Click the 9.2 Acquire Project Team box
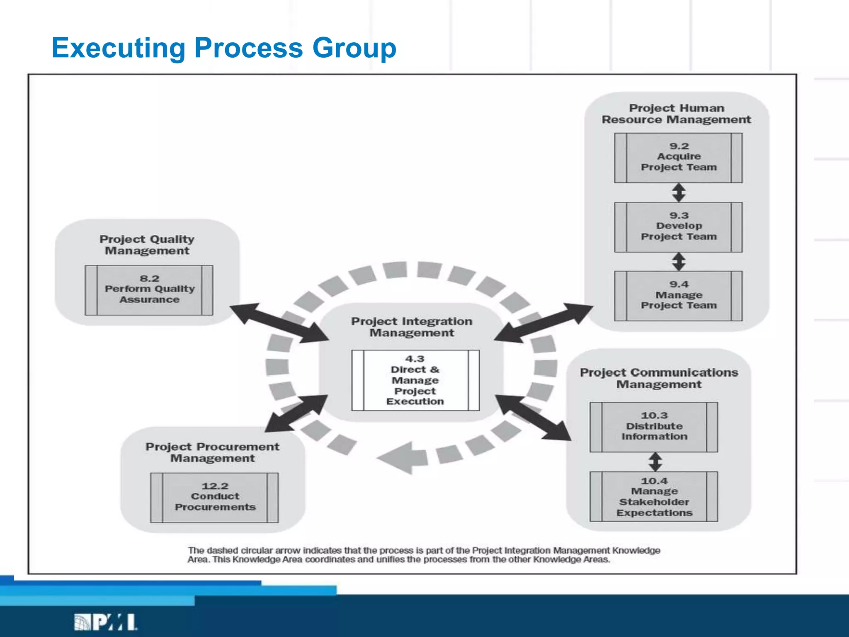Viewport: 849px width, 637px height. tap(678, 158)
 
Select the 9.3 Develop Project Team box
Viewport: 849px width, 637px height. tap(678, 227)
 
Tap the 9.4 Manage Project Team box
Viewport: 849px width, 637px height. tap(678, 296)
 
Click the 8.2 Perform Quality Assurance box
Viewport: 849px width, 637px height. tap(149, 290)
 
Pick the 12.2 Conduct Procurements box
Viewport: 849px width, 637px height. tap(214, 497)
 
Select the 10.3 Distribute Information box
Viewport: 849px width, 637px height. tap(654, 427)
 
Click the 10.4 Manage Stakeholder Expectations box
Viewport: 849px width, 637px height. tap(654, 496)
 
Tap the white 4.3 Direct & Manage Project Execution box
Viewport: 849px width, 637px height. tap(415, 380)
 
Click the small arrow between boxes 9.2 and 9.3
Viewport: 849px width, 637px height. tap(679, 192)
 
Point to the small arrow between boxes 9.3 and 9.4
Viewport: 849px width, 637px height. tap(679, 262)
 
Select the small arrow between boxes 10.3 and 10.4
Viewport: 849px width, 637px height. tap(655, 462)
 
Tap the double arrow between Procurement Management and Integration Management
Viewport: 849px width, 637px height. tap(296, 413)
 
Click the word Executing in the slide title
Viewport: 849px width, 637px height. tap(119, 48)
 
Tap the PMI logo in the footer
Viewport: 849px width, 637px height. tap(106, 622)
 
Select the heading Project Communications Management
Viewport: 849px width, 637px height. tap(659, 378)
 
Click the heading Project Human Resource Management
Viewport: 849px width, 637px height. tap(677, 114)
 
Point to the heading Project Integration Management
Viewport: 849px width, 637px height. tap(412, 327)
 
